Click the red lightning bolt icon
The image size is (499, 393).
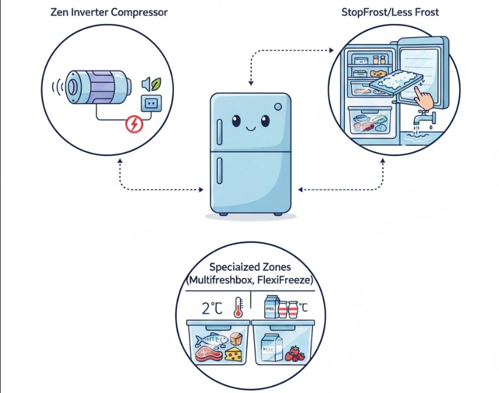pos(134,124)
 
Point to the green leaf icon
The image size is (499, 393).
pos(155,84)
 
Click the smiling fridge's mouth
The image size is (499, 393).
pos(250,129)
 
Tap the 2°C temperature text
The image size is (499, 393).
pos(211,309)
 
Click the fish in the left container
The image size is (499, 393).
pos(211,341)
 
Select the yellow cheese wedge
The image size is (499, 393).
pos(233,354)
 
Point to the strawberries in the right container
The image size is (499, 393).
pos(294,354)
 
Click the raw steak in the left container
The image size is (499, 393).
pos(206,355)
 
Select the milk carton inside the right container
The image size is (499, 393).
pos(269,347)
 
